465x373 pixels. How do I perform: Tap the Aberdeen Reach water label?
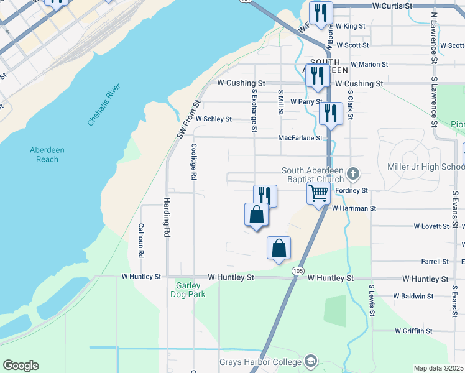pyautogui.click(x=47, y=154)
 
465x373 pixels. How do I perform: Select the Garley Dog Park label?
pyautogui.click(x=187, y=290)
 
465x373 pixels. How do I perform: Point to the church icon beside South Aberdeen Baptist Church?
pyautogui.click(x=353, y=173)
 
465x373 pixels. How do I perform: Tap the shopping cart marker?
pyautogui.click(x=319, y=193)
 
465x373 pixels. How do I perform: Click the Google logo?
pyautogui.click(x=21, y=366)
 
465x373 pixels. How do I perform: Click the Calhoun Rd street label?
pyautogui.click(x=141, y=241)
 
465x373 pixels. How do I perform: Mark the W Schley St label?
pyautogui.click(x=213, y=119)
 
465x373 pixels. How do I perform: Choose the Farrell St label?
pyautogui.click(x=435, y=262)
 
